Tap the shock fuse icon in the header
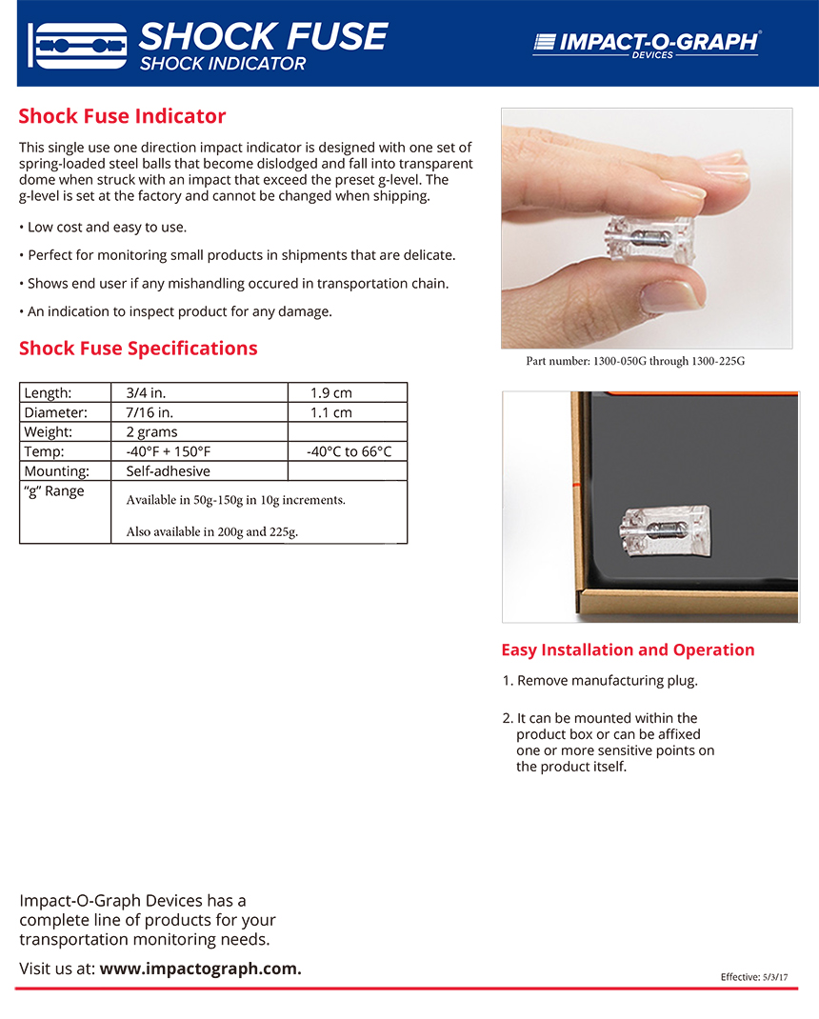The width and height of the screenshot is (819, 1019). [x=78, y=44]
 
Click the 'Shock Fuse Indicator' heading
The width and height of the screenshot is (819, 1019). [x=122, y=116]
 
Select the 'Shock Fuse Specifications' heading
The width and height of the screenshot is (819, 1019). [x=138, y=348]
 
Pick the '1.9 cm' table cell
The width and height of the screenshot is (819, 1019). [x=331, y=392]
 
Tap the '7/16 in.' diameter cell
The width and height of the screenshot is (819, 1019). [x=150, y=412]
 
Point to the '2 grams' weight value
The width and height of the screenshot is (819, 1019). [x=151, y=431]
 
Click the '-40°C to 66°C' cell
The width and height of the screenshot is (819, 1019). [x=349, y=451]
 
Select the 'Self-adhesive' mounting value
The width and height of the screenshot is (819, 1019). [x=168, y=470]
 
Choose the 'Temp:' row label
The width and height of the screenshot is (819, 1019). [x=44, y=451]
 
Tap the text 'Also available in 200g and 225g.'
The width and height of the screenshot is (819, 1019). [x=211, y=531]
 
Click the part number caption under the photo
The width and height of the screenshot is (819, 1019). [x=636, y=362]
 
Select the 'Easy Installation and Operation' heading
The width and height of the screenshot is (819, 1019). [x=628, y=649]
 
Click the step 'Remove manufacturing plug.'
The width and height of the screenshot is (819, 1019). [x=607, y=681]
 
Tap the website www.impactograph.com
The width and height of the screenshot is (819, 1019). [x=200, y=969]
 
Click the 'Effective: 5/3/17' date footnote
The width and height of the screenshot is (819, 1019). [x=754, y=977]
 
